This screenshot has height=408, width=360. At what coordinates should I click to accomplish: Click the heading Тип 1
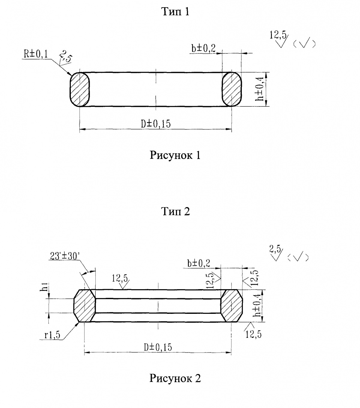point(175,12)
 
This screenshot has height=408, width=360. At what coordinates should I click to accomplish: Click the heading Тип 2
point(176,211)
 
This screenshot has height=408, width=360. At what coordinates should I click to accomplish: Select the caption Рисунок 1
point(175,155)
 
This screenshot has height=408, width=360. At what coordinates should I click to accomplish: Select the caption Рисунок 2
point(175,378)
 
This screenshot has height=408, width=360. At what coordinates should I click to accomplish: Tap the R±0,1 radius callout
point(36,54)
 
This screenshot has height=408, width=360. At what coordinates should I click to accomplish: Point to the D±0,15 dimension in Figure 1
point(156,124)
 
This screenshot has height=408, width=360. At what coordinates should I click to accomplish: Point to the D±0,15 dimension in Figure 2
point(158,347)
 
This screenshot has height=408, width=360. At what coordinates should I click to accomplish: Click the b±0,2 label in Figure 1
point(204,48)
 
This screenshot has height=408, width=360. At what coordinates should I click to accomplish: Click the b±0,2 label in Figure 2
point(199,263)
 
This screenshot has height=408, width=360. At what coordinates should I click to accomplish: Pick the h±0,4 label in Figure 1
point(260,89)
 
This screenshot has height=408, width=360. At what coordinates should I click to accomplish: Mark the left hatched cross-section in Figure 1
point(79,89)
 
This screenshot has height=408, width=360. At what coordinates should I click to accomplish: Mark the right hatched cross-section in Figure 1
point(231,89)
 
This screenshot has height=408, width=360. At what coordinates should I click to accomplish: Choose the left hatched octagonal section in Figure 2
point(85,306)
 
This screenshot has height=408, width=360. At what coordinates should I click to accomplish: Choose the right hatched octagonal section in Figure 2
point(231,306)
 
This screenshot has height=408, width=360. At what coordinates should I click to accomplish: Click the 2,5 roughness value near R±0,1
point(65,57)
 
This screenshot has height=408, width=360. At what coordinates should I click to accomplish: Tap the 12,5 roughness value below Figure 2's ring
point(253,334)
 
